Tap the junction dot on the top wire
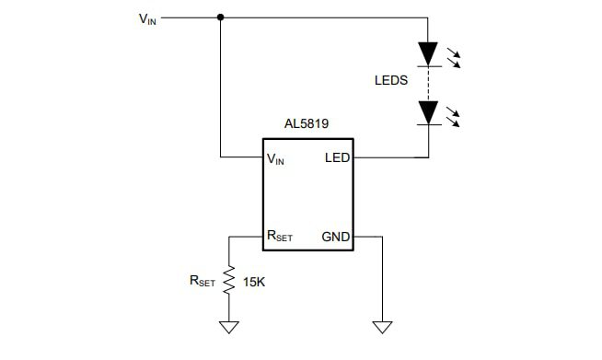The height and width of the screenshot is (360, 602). (220, 17)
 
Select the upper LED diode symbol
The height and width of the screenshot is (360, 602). (428, 53)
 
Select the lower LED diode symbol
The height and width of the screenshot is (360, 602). (428, 112)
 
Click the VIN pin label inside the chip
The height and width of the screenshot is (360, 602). (275, 158)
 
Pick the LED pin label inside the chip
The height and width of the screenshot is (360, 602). (337, 157)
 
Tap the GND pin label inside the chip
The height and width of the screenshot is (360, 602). (335, 237)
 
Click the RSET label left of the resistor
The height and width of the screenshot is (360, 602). (202, 282)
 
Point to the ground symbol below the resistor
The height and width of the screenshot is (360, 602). (228, 327)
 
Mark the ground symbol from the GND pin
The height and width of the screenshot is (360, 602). (381, 327)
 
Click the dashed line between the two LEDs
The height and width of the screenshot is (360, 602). (428, 83)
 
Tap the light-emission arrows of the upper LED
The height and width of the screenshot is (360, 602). (453, 58)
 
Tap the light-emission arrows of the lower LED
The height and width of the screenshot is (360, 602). (453, 117)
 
